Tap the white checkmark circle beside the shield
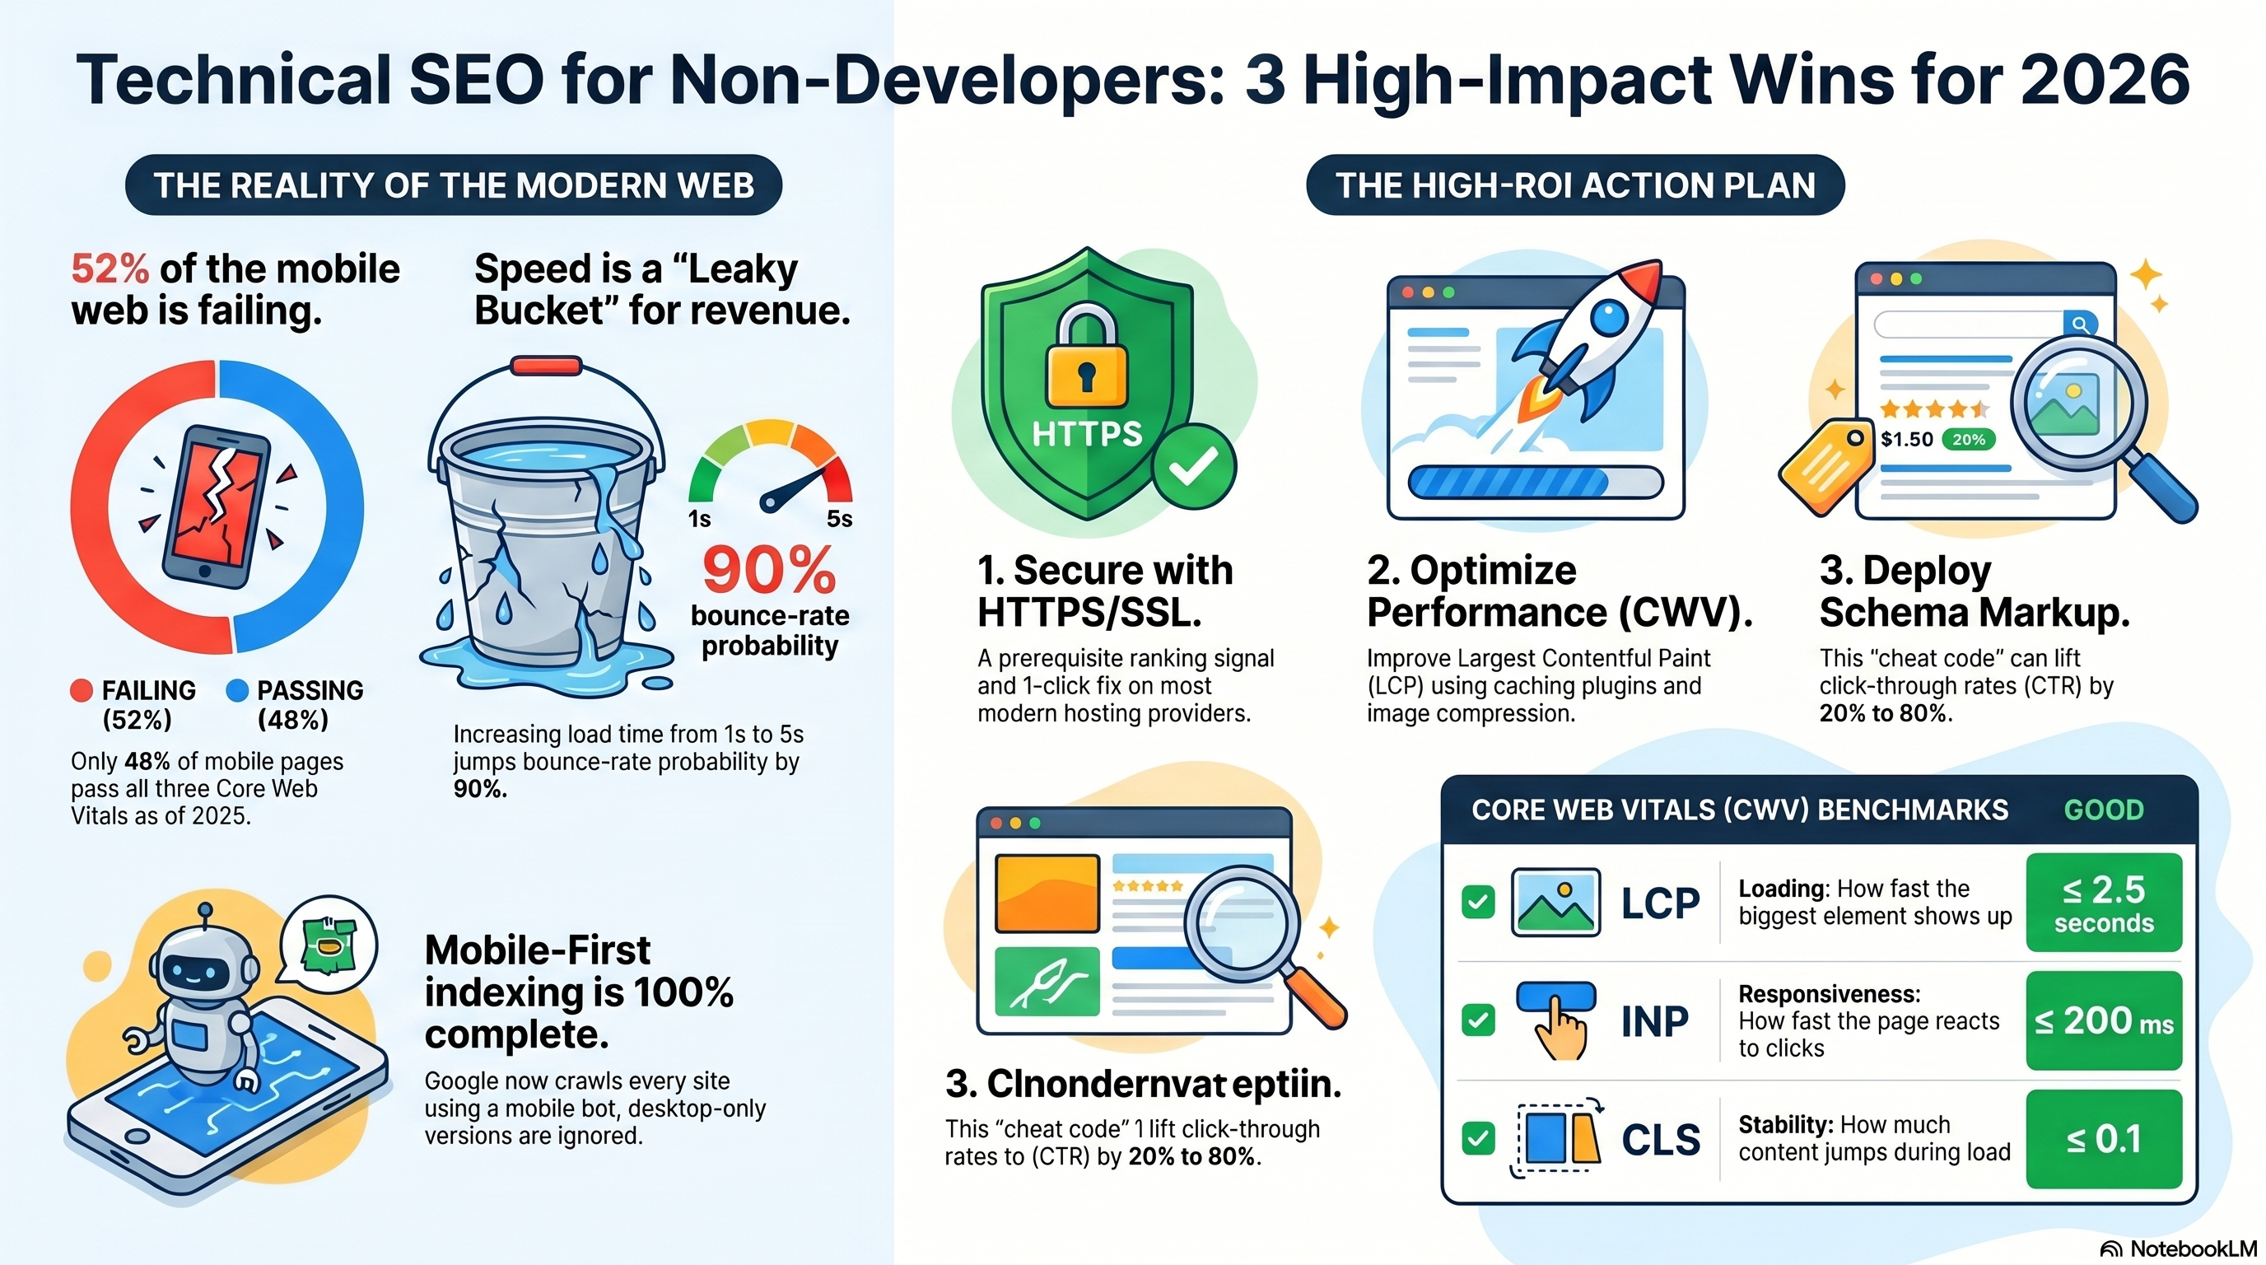tap(1194, 467)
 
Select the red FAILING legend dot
tap(82, 690)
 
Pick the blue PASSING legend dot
tap(236, 690)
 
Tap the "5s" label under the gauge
tap(839, 519)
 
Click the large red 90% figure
tap(768, 570)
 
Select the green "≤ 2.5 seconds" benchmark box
tap(2103, 903)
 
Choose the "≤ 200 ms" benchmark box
tap(2103, 1021)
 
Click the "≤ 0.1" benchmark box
tap(2103, 1140)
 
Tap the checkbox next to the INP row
tap(1478, 1020)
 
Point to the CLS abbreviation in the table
tap(1661, 1140)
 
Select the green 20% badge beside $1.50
tap(1969, 440)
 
